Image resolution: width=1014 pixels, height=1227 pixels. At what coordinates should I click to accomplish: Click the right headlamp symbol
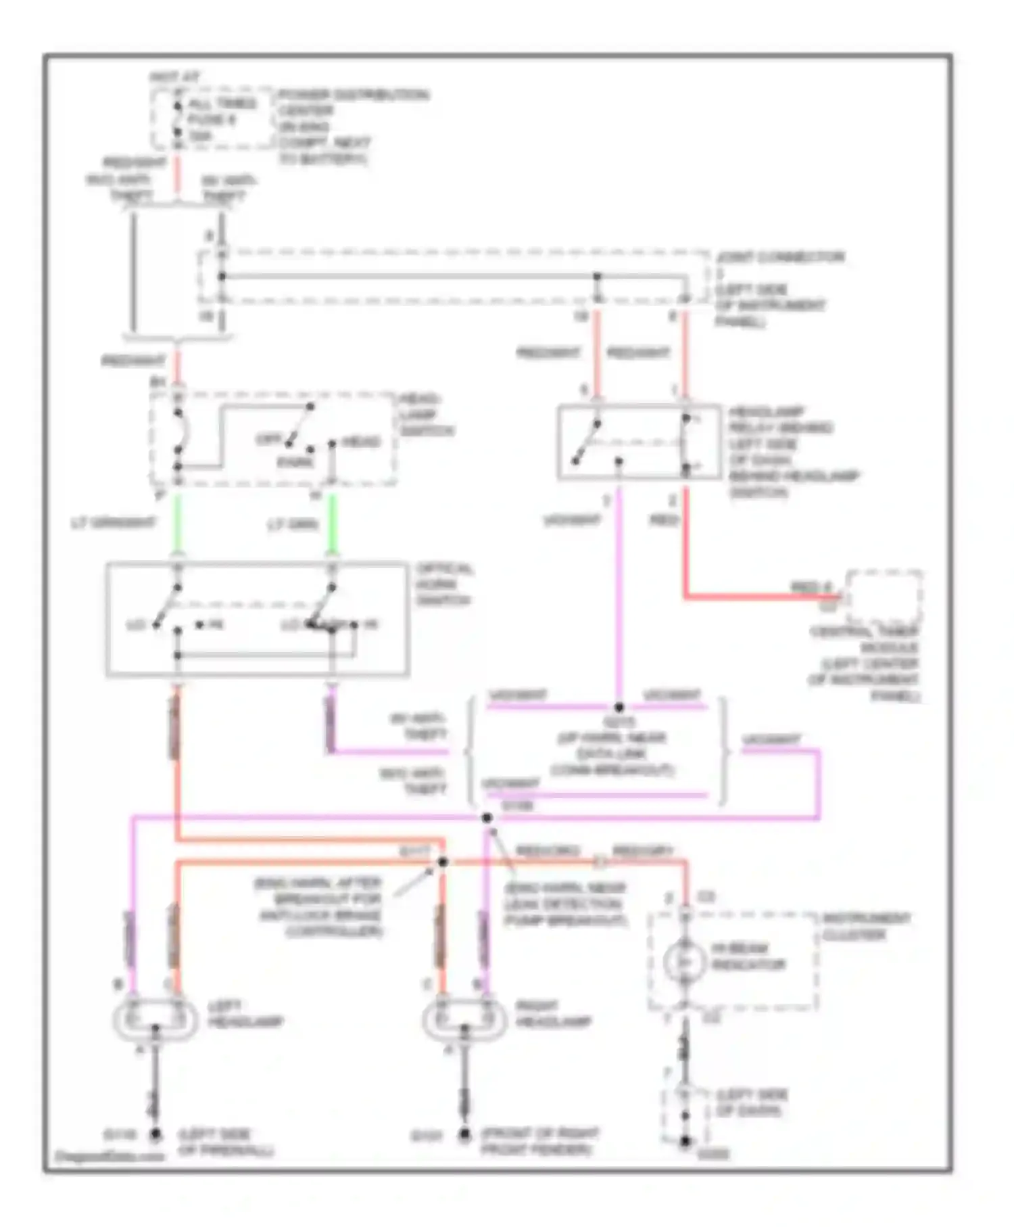[x=464, y=1019]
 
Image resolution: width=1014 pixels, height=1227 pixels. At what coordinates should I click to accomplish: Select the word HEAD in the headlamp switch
[x=362, y=442]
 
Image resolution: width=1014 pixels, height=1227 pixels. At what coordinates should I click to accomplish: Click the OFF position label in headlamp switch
[x=268, y=440]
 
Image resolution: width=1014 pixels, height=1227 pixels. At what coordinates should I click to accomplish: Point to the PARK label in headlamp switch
[x=295, y=462]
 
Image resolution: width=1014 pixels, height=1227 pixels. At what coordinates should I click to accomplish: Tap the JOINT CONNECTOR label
[x=780, y=257]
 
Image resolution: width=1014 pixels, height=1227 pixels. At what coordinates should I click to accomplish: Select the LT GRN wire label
[x=293, y=525]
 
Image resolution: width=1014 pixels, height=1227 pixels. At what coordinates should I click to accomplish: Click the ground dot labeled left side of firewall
[x=155, y=1134]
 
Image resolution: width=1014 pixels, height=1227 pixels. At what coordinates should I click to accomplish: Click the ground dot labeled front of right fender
[x=464, y=1134]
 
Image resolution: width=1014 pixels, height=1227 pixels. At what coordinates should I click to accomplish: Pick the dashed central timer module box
[x=885, y=598]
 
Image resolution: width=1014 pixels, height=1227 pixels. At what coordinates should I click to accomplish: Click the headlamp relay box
[x=639, y=442]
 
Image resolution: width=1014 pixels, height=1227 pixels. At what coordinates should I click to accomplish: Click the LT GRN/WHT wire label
[x=113, y=523]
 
